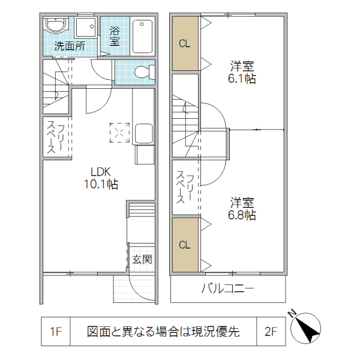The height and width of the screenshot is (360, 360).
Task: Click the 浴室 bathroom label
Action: click(114, 35)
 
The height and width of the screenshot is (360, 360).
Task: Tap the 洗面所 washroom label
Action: click(70, 46)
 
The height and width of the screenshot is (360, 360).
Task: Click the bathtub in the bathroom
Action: click(143, 36)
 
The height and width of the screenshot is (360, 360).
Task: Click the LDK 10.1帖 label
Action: click(100, 178)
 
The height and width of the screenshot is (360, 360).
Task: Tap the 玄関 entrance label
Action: click(142, 260)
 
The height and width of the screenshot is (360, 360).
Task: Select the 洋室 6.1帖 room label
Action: click(242, 71)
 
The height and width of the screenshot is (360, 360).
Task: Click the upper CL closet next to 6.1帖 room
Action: click(185, 43)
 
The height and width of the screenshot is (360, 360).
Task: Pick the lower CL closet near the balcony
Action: click(185, 244)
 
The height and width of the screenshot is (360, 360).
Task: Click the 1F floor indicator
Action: click(56, 331)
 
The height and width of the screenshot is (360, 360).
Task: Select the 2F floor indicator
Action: click(271, 331)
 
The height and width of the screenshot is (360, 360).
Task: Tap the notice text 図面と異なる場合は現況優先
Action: click(163, 331)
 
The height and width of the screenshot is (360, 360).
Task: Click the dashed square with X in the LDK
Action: click(119, 133)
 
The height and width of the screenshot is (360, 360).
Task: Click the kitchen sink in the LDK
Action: click(144, 133)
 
